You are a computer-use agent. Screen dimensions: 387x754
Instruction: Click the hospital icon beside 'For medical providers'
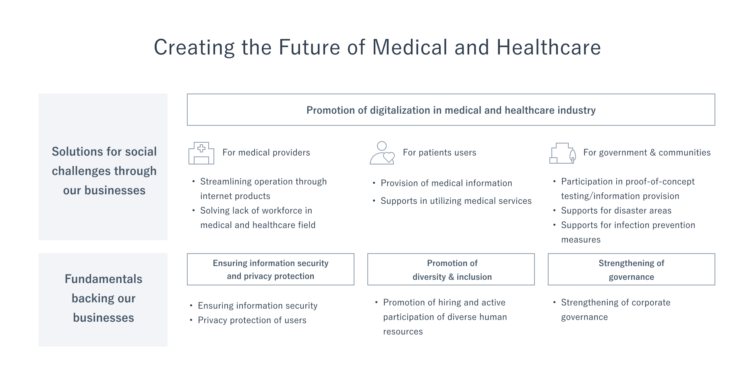click(x=201, y=153)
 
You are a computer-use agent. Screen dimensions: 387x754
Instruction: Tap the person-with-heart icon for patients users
click(x=382, y=153)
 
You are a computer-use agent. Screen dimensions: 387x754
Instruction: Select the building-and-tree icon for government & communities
click(x=562, y=153)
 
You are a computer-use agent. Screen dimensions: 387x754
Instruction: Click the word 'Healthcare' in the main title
click(x=548, y=47)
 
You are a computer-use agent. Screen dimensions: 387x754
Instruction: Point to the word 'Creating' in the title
click(x=194, y=47)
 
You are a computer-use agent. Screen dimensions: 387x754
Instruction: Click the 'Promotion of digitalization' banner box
click(x=451, y=110)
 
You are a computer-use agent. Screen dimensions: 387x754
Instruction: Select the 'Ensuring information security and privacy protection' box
click(x=270, y=269)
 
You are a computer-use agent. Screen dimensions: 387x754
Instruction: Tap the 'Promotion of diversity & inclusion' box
click(x=451, y=269)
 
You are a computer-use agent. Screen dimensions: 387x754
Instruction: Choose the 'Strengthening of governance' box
click(x=631, y=269)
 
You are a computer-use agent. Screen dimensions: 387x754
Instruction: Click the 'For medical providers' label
click(x=266, y=152)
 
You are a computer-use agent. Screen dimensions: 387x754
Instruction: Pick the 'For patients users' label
click(x=439, y=152)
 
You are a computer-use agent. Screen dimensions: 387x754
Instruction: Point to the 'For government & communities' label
click(x=647, y=152)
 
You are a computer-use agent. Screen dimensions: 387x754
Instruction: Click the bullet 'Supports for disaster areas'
click(x=616, y=210)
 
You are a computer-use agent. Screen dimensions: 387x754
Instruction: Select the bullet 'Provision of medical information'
click(x=446, y=183)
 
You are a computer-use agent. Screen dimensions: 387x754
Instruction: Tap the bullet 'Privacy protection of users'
click(x=252, y=320)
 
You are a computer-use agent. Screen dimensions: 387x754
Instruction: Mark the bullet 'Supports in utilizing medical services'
click(x=456, y=201)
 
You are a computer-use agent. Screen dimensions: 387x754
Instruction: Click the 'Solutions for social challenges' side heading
click(x=104, y=171)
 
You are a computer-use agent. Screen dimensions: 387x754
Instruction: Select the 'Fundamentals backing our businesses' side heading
click(x=104, y=298)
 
